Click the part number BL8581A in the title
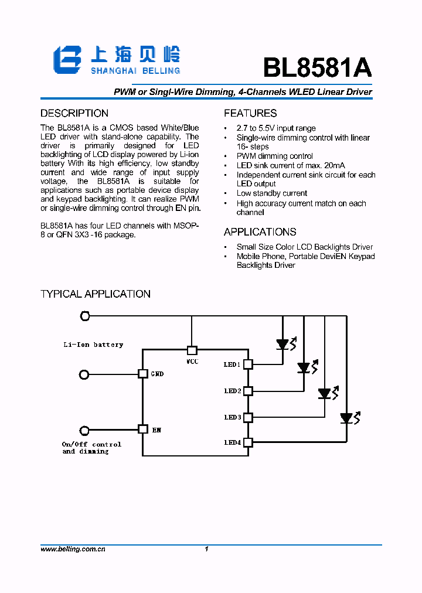tap(317, 68)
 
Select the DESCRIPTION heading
tap(74, 113)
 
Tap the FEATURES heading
tap(250, 113)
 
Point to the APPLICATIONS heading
tap(260, 231)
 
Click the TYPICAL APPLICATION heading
tap(96, 294)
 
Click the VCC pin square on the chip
tap(192, 350)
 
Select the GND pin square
tap(142, 373)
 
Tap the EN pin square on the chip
tap(142, 429)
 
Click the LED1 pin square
tap(248, 364)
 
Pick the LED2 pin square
tap(248, 390)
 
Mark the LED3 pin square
tap(248, 417)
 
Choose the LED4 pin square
tap(248, 442)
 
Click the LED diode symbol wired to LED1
tap(283, 345)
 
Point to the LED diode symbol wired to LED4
tap(346, 418)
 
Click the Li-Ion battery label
tap(94, 345)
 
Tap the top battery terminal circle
tap(85, 316)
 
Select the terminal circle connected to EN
tap(85, 430)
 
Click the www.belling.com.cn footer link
tap(73, 549)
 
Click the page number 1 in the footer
tap(207, 549)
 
